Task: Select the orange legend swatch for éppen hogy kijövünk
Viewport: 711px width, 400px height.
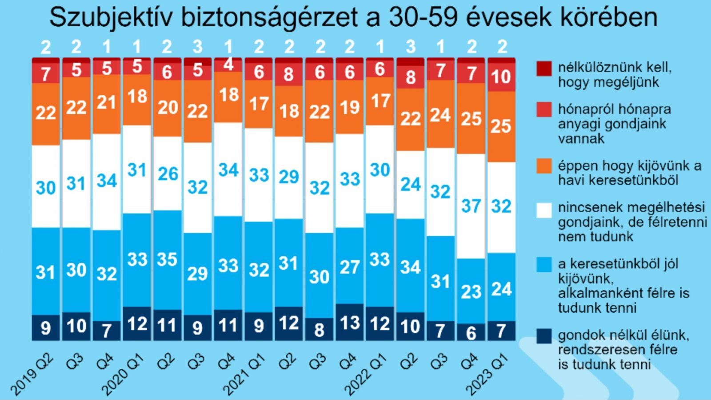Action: coord(544,166)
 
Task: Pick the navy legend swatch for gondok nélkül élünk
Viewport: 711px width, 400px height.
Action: coord(544,336)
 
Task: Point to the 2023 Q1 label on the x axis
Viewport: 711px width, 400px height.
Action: coord(487,375)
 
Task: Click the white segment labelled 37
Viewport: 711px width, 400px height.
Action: coord(471,206)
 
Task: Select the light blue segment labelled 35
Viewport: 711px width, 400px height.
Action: coord(168,259)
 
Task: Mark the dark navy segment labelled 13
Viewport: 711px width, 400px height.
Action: coord(350,322)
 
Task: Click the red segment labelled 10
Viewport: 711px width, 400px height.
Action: coord(501,77)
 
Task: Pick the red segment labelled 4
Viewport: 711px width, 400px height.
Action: coord(228,65)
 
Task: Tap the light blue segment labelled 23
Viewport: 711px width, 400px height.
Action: coord(471,291)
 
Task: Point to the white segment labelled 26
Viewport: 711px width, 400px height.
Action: coord(168,174)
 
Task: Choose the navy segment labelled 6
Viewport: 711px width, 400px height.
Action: coord(471,332)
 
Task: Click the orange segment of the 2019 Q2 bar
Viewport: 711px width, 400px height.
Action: coord(46,113)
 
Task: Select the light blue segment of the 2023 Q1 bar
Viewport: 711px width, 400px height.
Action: coord(501,288)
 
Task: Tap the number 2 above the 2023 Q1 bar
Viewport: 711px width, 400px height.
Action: coord(502,47)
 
